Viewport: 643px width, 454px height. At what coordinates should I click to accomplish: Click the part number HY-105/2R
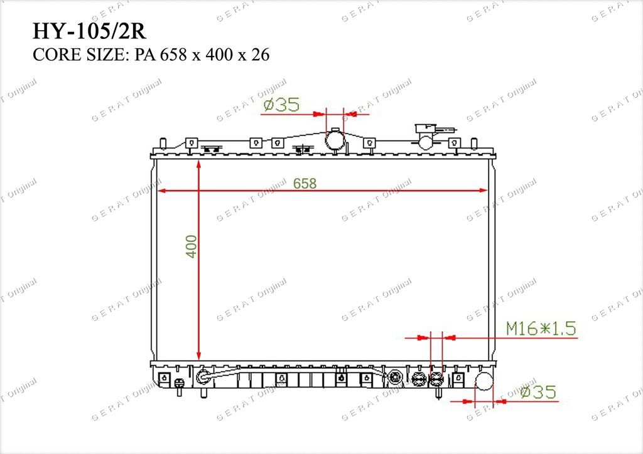pyautogui.click(x=89, y=31)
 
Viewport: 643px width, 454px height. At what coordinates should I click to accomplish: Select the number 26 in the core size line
pyautogui.click(x=261, y=55)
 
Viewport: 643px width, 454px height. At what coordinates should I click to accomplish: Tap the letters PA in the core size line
pyautogui.click(x=145, y=55)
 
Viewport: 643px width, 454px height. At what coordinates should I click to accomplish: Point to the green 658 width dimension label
pyautogui.click(x=305, y=183)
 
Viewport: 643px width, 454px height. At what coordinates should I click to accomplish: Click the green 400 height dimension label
pyautogui.click(x=192, y=246)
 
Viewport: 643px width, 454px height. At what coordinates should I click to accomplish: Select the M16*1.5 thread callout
pyautogui.click(x=541, y=329)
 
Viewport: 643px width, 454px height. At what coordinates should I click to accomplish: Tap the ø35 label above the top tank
pyautogui.click(x=281, y=104)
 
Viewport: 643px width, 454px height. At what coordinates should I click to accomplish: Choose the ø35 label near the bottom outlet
pyautogui.click(x=538, y=392)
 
